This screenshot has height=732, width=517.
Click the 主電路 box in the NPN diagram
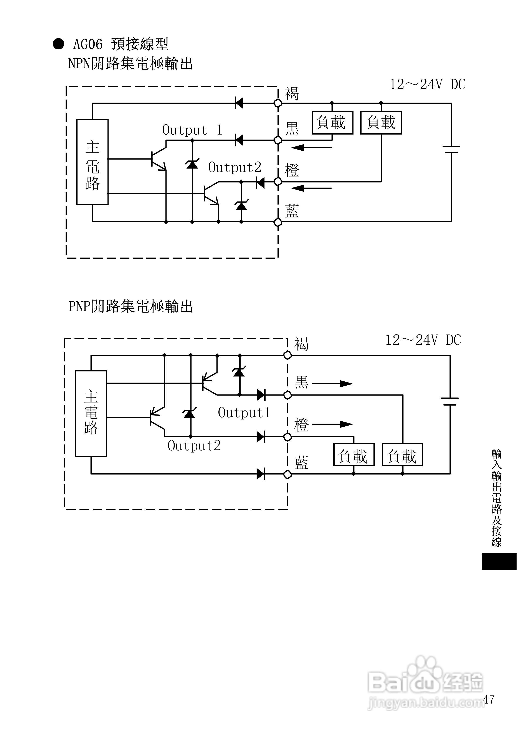coord(92,162)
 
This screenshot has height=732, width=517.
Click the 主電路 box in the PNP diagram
coord(91,414)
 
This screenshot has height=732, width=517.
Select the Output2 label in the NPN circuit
coord(235,167)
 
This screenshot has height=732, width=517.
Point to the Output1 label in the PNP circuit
coord(244,413)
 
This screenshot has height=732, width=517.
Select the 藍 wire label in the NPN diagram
coord(292,211)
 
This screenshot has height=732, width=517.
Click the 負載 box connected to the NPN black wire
coord(332,122)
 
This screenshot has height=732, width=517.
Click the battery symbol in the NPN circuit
coord(451,150)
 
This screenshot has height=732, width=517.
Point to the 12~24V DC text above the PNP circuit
coord(423,340)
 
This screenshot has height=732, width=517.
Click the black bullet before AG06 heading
coord(58,44)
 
